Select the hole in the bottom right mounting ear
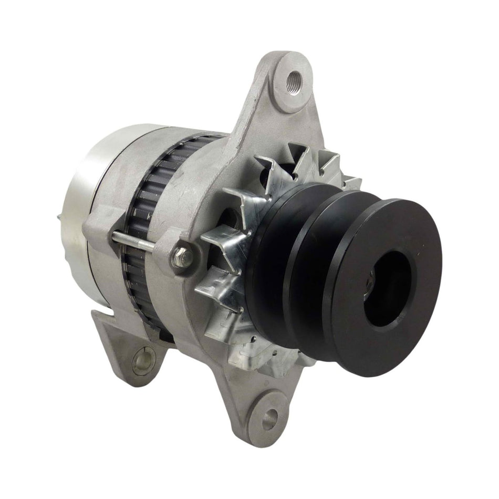click(x=269, y=419)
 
